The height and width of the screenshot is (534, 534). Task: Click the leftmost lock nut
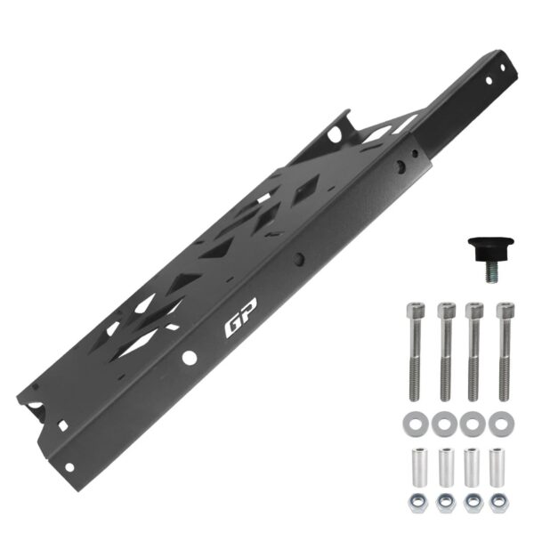[x=417, y=503]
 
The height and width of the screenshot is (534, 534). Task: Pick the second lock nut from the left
[x=446, y=503]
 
